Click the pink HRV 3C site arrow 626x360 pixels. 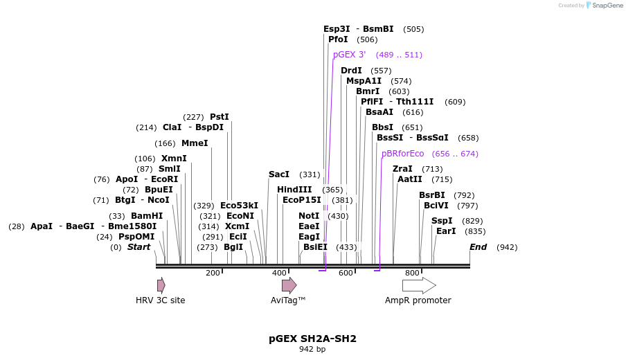pyautogui.click(x=161, y=285)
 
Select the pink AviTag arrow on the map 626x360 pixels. pyautogui.click(x=289, y=285)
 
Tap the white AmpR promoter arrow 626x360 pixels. pyautogui.click(x=419, y=285)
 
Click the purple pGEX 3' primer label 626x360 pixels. pyautogui.click(x=349, y=55)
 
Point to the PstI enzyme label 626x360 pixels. pyautogui.click(x=219, y=117)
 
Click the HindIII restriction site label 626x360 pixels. pyautogui.click(x=294, y=190)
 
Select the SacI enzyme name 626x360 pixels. pyautogui.click(x=279, y=174)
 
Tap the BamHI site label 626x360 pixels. pyautogui.click(x=147, y=216)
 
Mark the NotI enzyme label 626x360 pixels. pyautogui.click(x=309, y=216)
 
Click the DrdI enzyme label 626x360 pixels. pyautogui.click(x=351, y=71)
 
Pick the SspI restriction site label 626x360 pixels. pyautogui.click(x=442, y=221)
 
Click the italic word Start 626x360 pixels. pyautogui.click(x=138, y=247)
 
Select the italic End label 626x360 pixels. pyautogui.click(x=478, y=247)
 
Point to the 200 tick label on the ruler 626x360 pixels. pyautogui.click(x=213, y=273)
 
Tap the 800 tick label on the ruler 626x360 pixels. pyautogui.click(x=412, y=273)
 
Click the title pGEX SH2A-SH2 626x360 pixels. pyautogui.click(x=312, y=339)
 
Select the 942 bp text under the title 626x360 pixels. pyautogui.click(x=312, y=350)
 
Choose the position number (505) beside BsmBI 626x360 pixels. pyautogui.click(x=413, y=29)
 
